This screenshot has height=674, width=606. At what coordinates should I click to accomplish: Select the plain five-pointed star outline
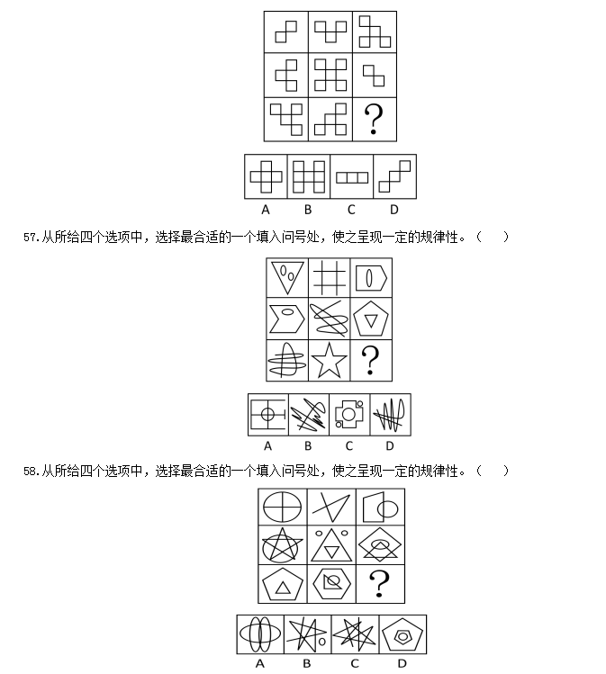tap(329, 361)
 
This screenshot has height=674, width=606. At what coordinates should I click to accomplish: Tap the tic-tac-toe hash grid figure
tap(329, 278)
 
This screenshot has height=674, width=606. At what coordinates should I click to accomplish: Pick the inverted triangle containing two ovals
tap(287, 277)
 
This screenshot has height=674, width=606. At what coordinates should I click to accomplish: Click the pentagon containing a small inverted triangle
tap(371, 319)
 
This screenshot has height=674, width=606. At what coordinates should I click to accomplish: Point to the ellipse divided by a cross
tap(282, 507)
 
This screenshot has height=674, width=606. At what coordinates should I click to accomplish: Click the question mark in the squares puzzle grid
tap(374, 119)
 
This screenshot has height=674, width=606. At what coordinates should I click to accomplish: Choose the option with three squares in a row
tap(352, 177)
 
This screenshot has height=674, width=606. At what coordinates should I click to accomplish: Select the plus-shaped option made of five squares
tap(266, 176)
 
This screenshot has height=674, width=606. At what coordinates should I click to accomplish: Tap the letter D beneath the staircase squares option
tap(394, 210)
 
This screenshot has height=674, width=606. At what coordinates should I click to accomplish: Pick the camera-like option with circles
tap(349, 414)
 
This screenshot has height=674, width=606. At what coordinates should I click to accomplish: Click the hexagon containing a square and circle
tap(331, 583)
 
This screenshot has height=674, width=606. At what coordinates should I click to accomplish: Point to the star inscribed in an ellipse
tap(282, 545)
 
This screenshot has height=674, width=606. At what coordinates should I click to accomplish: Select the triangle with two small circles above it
tap(331, 545)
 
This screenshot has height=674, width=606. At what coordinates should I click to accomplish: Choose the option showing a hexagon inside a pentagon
tap(402, 635)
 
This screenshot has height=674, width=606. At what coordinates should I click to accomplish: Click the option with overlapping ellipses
tap(259, 634)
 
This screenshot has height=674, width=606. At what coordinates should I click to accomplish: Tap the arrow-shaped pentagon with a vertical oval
tap(371, 278)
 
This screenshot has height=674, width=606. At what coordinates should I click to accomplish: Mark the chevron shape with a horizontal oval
tap(287, 319)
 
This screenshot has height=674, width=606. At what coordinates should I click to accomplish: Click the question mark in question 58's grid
tap(379, 583)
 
